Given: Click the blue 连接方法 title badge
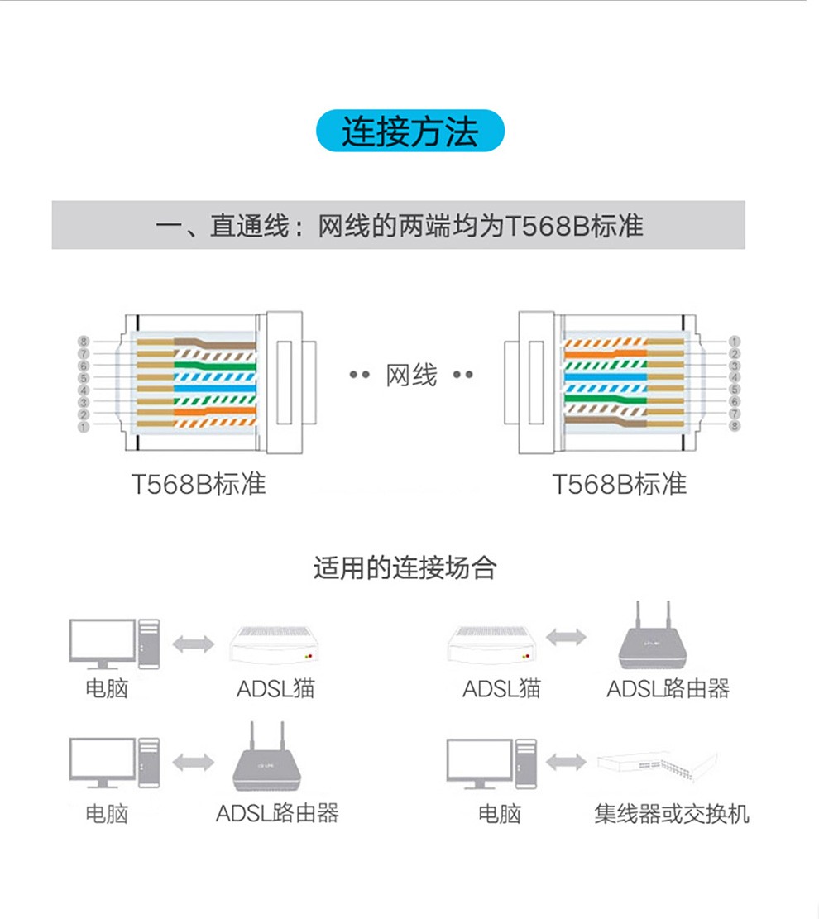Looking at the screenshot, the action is [409, 131].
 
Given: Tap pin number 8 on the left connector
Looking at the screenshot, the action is [84, 341].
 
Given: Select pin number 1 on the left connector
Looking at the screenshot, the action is [84, 427].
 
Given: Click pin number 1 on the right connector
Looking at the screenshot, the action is [734, 341].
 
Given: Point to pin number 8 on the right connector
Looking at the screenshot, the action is [734, 426].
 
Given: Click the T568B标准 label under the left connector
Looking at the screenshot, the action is [199, 484].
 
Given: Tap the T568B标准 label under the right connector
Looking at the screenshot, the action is [619, 484].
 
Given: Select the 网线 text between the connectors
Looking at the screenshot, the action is [411, 375].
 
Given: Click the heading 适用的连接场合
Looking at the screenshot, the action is [405, 567].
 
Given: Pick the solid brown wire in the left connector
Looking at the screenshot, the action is [214, 343].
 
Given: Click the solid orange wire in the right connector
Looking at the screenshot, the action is [606, 354].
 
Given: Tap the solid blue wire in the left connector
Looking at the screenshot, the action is [214, 388].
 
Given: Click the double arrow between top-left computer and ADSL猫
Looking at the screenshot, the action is [194, 644].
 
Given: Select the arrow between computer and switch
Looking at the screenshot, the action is [566, 762].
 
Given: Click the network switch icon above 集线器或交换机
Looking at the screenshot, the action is [657, 764].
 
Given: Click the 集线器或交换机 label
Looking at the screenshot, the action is [671, 813].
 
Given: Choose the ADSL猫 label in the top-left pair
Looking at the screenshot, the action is [275, 689].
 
